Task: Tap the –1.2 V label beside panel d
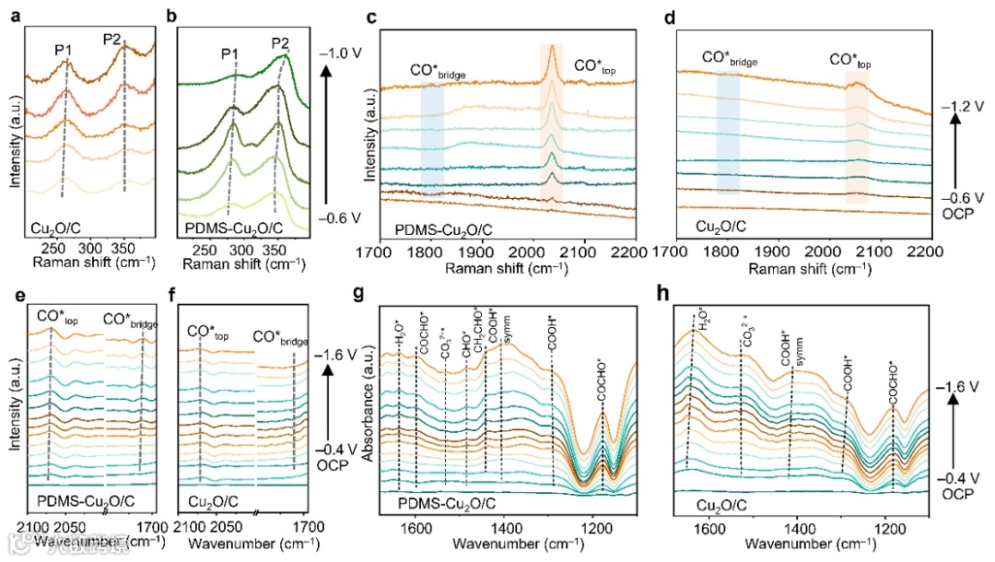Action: point(959,107)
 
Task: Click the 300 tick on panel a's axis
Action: point(90,250)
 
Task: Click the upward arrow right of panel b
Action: point(332,129)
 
